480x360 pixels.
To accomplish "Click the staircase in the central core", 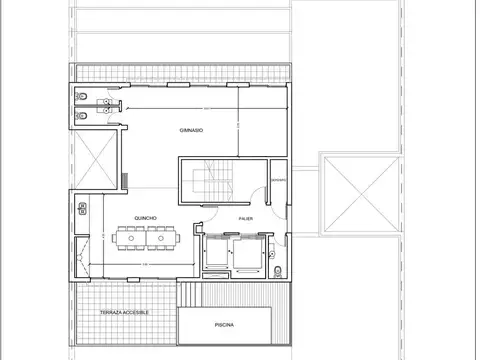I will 212,183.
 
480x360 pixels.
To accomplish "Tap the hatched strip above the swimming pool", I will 230,297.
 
